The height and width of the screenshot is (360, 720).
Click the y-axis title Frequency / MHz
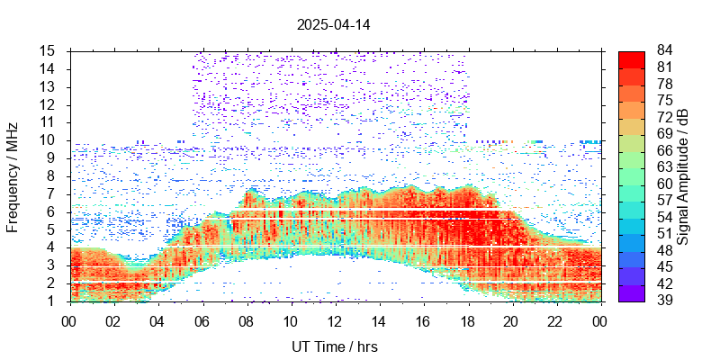(x=13, y=176)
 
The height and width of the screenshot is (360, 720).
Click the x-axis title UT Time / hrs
(x=335, y=346)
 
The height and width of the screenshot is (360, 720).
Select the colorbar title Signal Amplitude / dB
(x=684, y=176)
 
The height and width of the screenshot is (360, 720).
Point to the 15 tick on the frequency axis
(x=49, y=51)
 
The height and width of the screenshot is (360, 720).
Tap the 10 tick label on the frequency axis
(x=49, y=140)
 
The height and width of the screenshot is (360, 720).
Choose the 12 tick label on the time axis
(x=335, y=319)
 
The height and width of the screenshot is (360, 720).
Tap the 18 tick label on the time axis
(x=468, y=319)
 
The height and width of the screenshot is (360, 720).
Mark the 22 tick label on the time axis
(x=556, y=319)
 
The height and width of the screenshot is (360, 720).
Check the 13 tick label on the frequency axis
(x=49, y=87)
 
